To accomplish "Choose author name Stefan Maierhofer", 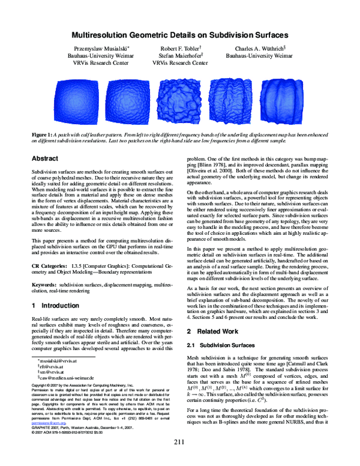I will coord(179,56).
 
